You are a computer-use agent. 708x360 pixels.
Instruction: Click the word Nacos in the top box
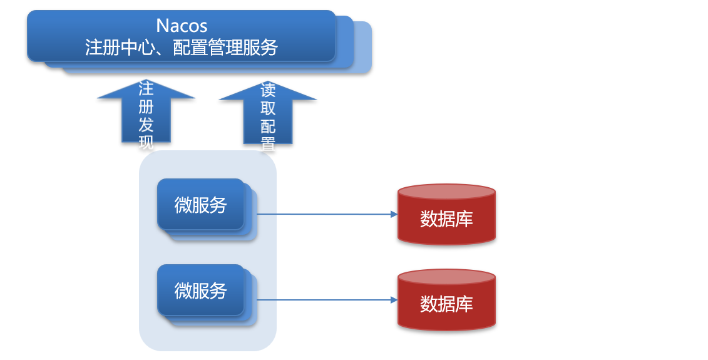click(182, 26)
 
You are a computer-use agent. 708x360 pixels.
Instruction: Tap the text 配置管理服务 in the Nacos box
click(225, 48)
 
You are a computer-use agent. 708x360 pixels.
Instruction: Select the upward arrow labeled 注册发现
click(146, 113)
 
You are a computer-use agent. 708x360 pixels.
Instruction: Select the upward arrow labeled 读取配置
click(267, 113)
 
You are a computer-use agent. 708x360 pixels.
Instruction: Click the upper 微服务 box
click(200, 205)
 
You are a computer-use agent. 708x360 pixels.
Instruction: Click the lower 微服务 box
click(200, 291)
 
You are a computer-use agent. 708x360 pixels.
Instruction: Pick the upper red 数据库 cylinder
click(446, 220)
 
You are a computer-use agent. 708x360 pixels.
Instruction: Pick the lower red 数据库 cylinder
click(446, 305)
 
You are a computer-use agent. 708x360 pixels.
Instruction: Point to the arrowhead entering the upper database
click(394, 214)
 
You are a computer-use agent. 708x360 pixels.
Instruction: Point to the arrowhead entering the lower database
click(394, 300)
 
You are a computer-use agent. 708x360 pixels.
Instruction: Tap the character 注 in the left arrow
click(146, 88)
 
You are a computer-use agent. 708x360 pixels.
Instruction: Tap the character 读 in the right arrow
click(268, 91)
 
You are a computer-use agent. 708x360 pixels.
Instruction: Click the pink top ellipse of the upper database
click(446, 192)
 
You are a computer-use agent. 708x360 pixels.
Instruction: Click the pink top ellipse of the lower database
click(446, 277)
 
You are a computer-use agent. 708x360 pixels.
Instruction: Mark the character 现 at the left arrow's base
click(146, 142)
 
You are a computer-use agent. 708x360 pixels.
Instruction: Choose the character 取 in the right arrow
click(268, 109)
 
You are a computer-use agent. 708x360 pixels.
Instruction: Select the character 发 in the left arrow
click(146, 124)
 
